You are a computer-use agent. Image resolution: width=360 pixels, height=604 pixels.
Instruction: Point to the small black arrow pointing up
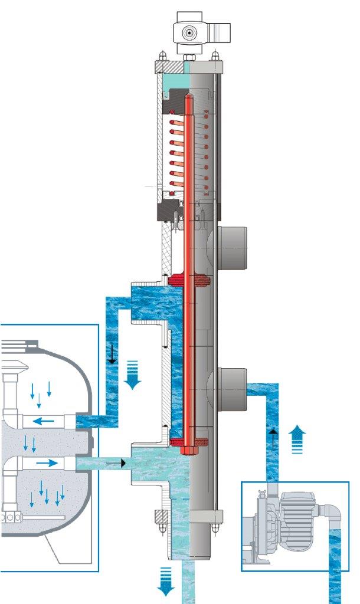(273, 439)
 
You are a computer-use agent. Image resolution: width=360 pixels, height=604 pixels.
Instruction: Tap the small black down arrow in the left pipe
(111, 355)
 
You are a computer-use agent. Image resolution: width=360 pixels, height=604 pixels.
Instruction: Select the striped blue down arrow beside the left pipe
(133, 376)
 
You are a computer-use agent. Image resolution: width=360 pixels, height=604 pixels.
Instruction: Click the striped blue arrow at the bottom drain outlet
(167, 583)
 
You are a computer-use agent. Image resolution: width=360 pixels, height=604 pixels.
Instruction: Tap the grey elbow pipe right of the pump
(334, 519)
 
